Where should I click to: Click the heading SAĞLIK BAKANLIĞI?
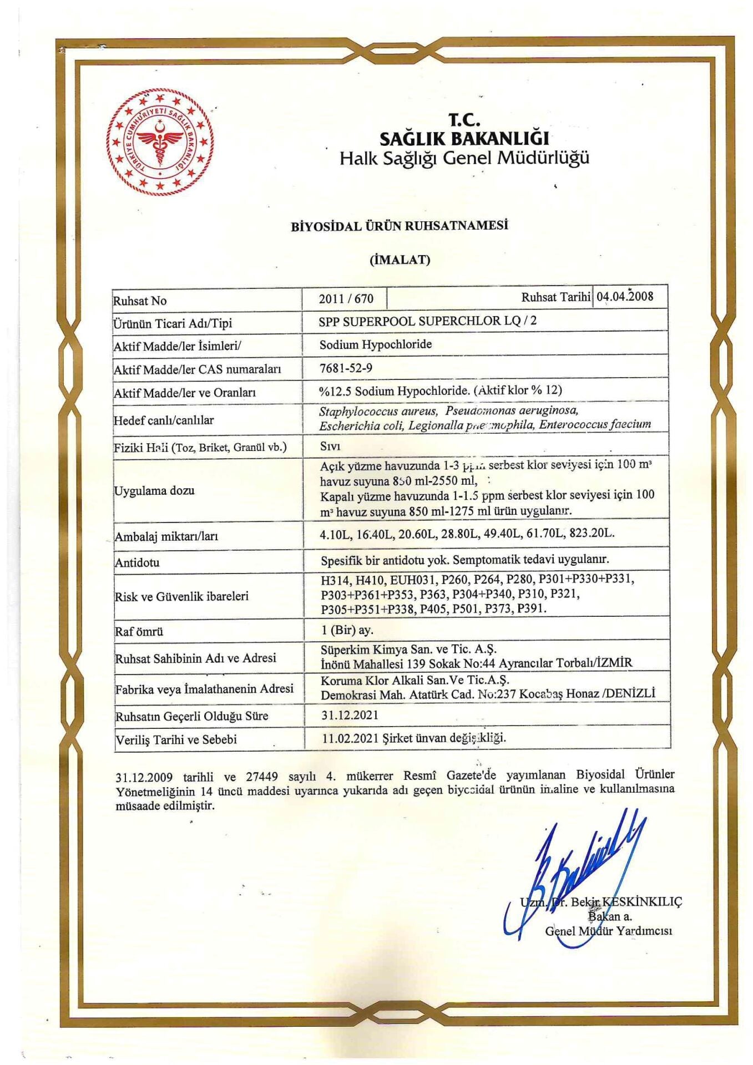tap(464, 138)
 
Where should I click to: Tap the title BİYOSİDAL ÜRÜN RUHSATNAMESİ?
tap(400, 226)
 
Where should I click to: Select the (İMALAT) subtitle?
tap(400, 260)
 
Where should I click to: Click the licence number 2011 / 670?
tap(346, 298)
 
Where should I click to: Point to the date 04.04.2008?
tap(625, 296)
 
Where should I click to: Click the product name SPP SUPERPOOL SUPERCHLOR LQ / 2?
tap(428, 321)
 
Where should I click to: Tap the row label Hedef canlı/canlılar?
tap(164, 420)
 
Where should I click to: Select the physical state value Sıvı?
tap(330, 446)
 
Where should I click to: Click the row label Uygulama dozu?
tap(154, 490)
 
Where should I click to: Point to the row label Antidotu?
tap(137, 562)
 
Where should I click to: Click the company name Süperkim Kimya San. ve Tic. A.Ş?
tap(408, 649)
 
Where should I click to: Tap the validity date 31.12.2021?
tap(350, 715)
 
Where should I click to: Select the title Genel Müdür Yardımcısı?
tap(608, 931)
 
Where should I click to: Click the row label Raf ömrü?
tap(139, 631)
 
